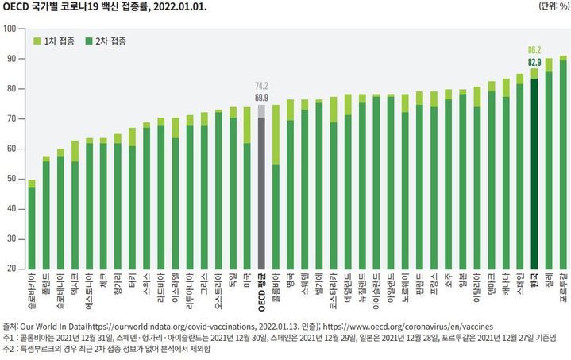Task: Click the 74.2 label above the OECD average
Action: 261,86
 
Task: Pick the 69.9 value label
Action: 261,97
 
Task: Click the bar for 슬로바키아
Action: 32,226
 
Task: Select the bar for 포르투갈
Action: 563,163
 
